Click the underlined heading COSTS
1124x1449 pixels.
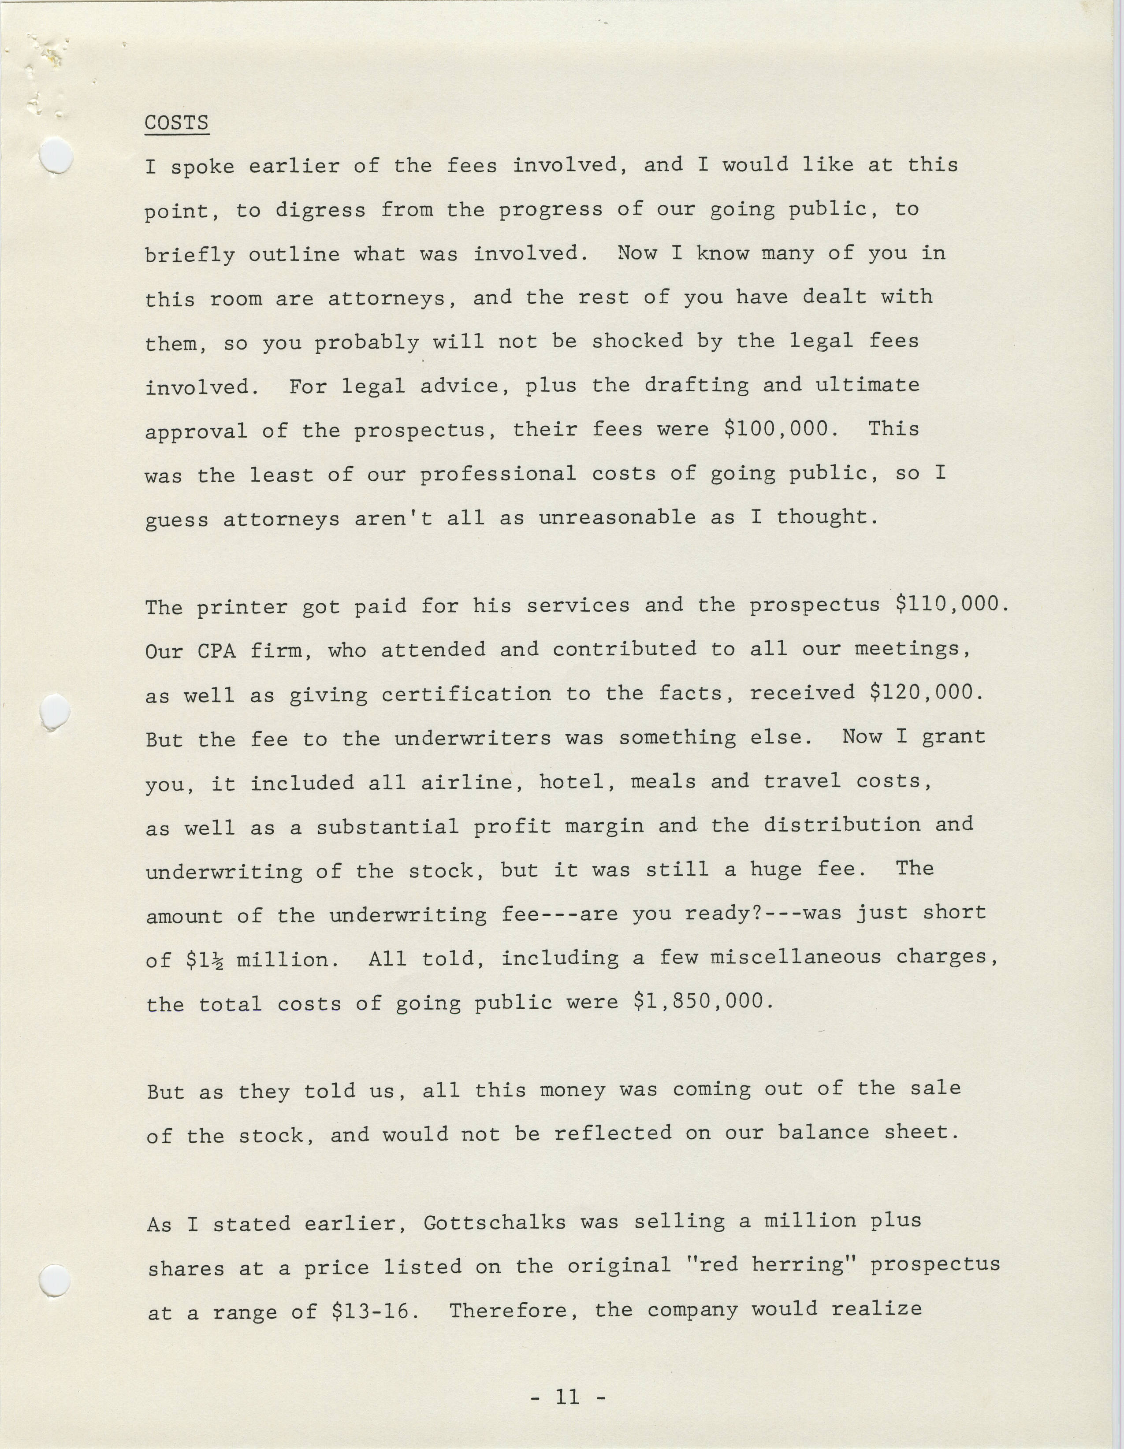[x=176, y=123]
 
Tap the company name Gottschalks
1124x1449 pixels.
[x=494, y=1222]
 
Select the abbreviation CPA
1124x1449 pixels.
[x=217, y=650]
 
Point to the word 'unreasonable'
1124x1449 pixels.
[x=617, y=517]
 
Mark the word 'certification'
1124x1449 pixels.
[x=466, y=694]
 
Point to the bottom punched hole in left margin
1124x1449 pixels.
[x=54, y=1278]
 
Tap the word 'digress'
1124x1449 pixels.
[x=320, y=210]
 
